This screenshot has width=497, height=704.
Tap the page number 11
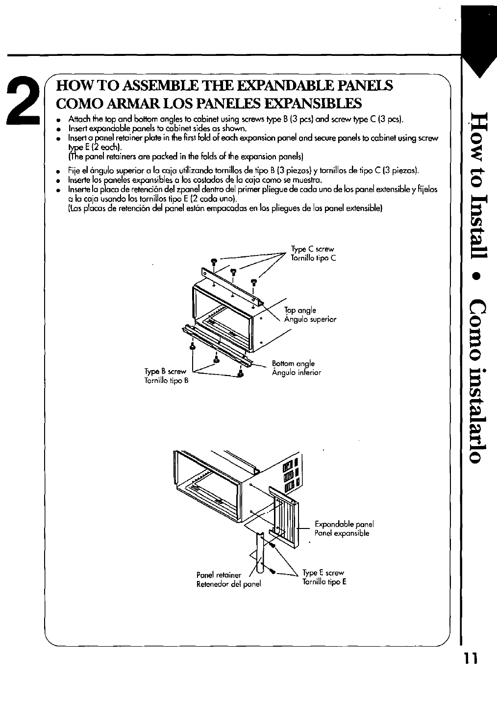coord(474,658)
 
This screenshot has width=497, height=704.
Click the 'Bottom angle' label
coord(293,364)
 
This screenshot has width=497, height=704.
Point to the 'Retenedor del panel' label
coord(228,584)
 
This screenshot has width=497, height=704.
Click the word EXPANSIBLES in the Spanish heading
coord(307,103)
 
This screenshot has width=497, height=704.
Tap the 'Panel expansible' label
coord(342,533)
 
